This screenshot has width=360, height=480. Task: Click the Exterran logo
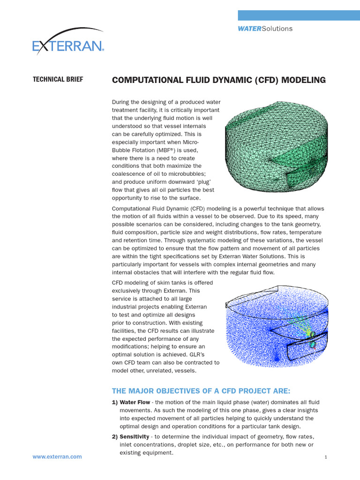(68, 45)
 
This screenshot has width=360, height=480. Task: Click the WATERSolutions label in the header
(265, 29)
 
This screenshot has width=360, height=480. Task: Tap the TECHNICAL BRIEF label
(58, 80)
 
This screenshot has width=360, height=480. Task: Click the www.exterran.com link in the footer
(57, 457)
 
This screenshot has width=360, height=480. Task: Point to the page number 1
(325, 457)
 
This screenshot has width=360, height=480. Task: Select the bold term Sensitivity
(135, 437)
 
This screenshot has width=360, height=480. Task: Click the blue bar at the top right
(299, 15)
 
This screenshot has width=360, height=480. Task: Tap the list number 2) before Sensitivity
(115, 437)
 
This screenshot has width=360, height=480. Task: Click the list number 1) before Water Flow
(115, 402)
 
